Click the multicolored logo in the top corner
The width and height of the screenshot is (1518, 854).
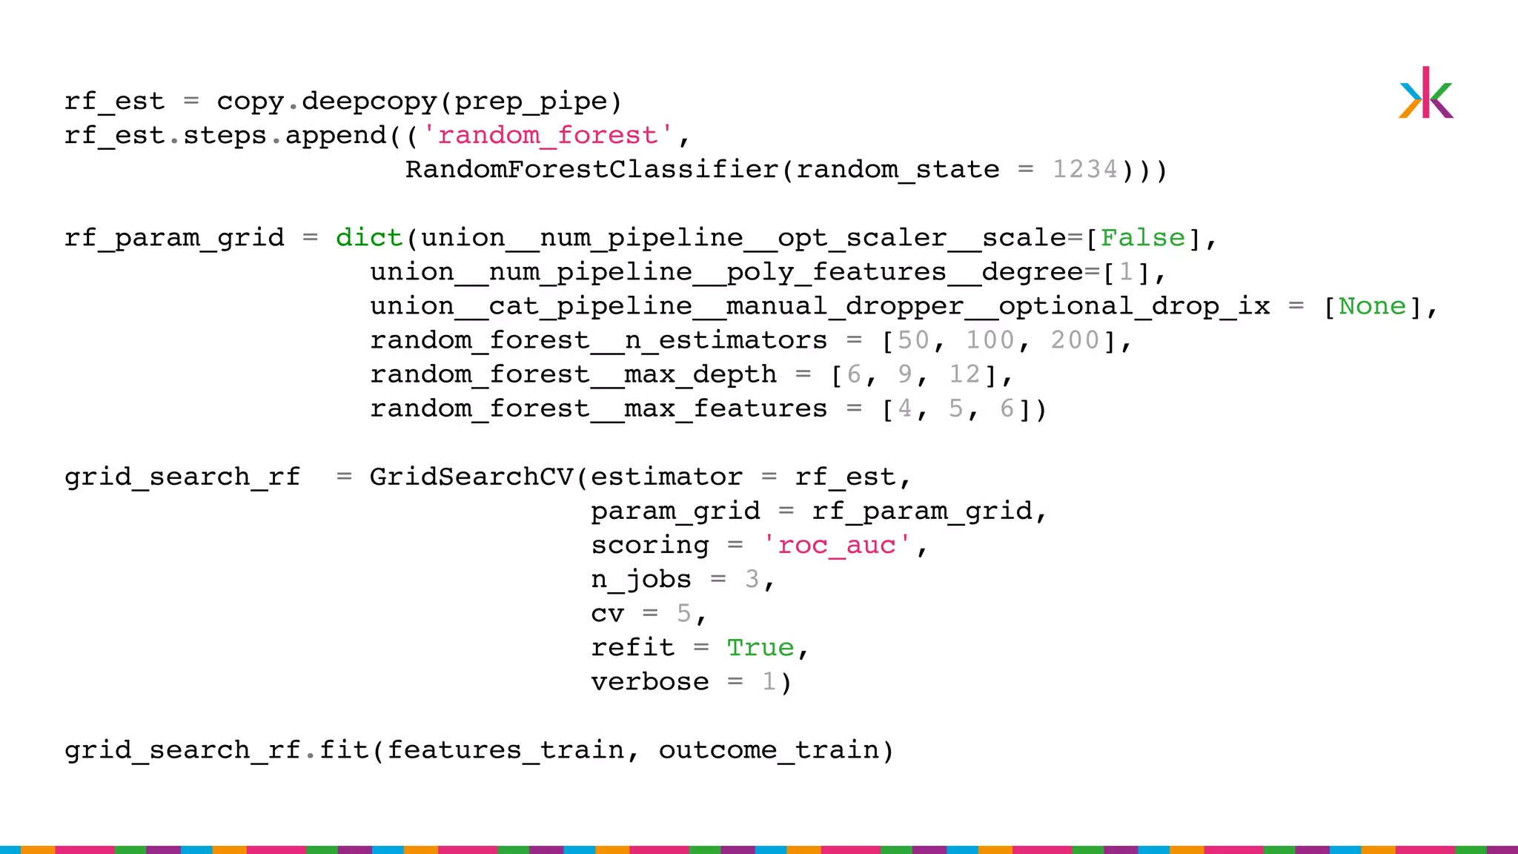(1425, 93)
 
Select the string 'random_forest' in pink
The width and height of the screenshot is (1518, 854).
(547, 136)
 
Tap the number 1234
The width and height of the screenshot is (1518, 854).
(1084, 170)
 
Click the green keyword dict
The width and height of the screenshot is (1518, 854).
(368, 238)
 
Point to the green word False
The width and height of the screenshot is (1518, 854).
(1142, 238)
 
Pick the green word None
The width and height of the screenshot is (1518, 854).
(1372, 306)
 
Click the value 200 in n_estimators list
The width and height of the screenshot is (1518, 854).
(1075, 340)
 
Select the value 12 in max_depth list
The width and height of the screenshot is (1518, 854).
(964, 374)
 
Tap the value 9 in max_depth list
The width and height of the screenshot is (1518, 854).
(904, 374)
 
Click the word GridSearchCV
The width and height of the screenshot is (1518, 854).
(471, 477)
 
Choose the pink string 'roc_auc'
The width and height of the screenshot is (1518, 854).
(837, 545)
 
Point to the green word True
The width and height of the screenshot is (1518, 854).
(760, 647)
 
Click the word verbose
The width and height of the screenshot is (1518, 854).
(649, 682)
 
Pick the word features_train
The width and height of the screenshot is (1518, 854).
(506, 750)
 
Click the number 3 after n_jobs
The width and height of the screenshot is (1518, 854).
(752, 579)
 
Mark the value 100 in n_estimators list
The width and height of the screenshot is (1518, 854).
(990, 340)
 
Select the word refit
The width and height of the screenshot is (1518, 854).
(632, 647)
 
